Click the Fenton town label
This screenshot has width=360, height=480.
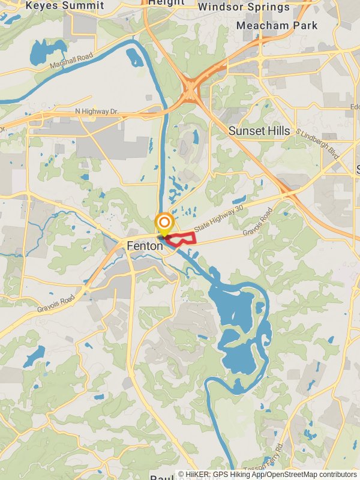[x=145, y=246]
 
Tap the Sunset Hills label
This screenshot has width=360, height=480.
[x=259, y=131]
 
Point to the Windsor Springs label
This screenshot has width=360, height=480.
[x=244, y=7]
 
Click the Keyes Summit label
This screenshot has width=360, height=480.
[x=64, y=5]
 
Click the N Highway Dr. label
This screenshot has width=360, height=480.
[x=97, y=112]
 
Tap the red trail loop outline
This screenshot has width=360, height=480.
[x=183, y=238]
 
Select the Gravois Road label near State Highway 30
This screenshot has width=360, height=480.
[x=258, y=222]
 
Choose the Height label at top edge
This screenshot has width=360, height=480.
[x=166, y=2]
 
